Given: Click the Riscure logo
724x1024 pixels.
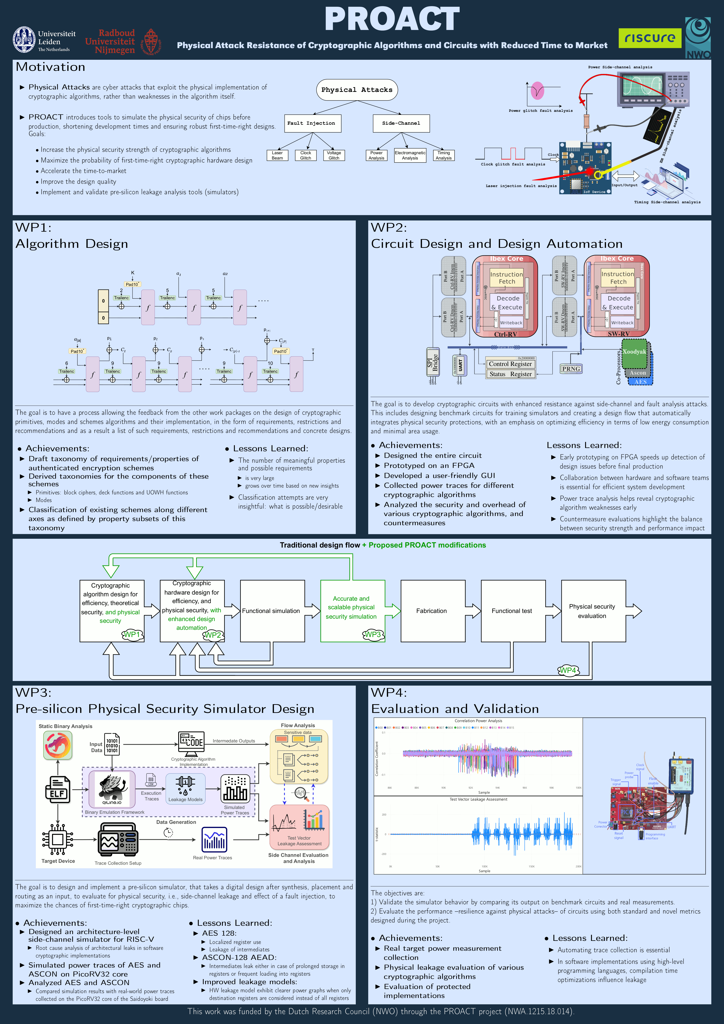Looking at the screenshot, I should pos(650,38).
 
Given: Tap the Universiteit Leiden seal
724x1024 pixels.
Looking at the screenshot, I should pos(24,39).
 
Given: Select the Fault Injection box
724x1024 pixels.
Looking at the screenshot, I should pos(311,123).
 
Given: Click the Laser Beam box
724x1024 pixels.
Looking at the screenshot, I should pos(277,155).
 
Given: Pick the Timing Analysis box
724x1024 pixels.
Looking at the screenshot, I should pos(444,155).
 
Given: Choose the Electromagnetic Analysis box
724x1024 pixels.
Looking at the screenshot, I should pos(410,155).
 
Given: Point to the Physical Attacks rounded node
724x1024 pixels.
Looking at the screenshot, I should pos(357,90).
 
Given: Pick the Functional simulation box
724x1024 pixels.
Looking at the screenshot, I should pos(271,611).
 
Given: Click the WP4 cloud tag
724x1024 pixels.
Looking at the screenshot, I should pos(568,670).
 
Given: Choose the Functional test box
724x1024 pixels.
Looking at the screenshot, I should pos(512,611).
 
